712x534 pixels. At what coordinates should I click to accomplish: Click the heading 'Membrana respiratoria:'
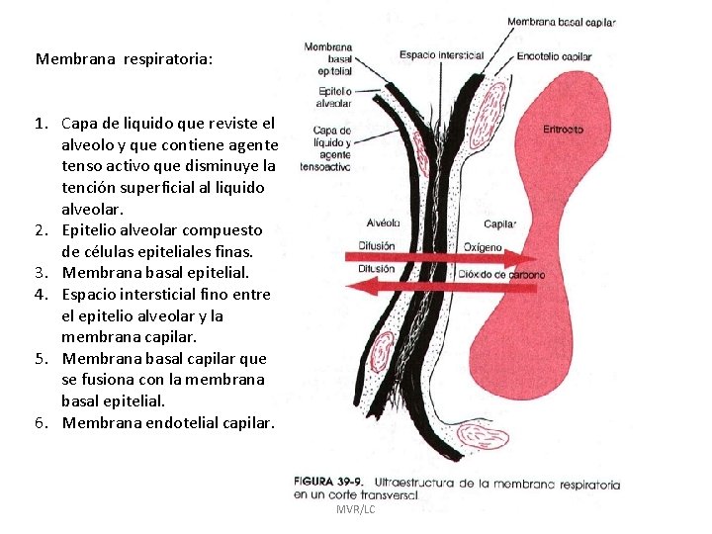[x=124, y=59]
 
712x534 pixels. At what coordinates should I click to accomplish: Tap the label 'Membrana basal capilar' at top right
[x=561, y=22]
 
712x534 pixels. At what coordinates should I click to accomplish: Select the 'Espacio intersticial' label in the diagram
[x=441, y=55]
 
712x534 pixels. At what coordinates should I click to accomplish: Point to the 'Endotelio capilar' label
[x=554, y=57]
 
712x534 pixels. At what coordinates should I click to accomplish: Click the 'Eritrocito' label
[x=563, y=130]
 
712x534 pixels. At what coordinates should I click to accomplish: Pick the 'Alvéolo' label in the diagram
[x=382, y=223]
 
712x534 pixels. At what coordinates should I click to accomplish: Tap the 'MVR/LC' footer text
[x=355, y=509]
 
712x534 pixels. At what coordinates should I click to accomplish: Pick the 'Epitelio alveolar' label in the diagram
[x=333, y=96]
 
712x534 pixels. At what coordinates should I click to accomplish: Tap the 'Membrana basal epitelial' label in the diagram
[x=328, y=58]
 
